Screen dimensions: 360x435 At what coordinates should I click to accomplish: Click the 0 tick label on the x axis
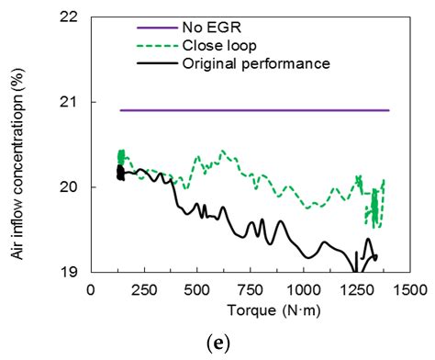90,289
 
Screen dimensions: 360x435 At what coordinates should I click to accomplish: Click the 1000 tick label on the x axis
304,289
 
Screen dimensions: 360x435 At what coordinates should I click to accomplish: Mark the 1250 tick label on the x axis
357,289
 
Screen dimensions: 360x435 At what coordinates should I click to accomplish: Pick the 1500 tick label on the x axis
410,289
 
